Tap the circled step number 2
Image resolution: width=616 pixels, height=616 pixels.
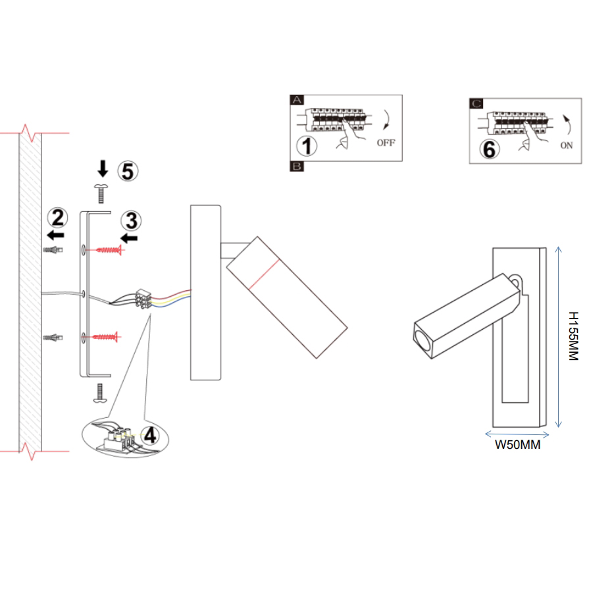(x=58, y=217)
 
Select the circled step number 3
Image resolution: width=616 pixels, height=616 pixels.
(x=131, y=219)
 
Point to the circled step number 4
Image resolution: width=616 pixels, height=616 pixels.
(x=151, y=436)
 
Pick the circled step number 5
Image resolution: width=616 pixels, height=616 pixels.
(x=128, y=171)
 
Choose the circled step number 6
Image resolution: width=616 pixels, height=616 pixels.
(x=489, y=149)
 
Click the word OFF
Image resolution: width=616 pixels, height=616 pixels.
(x=386, y=143)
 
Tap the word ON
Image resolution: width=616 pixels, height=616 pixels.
(x=567, y=145)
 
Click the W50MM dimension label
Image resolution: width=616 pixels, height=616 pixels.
(x=517, y=445)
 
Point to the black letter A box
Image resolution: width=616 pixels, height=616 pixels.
(x=297, y=100)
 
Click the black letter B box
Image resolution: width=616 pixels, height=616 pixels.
(x=297, y=167)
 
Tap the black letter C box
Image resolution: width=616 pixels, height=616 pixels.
(x=476, y=103)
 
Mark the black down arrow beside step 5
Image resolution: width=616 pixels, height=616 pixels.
(x=103, y=170)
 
